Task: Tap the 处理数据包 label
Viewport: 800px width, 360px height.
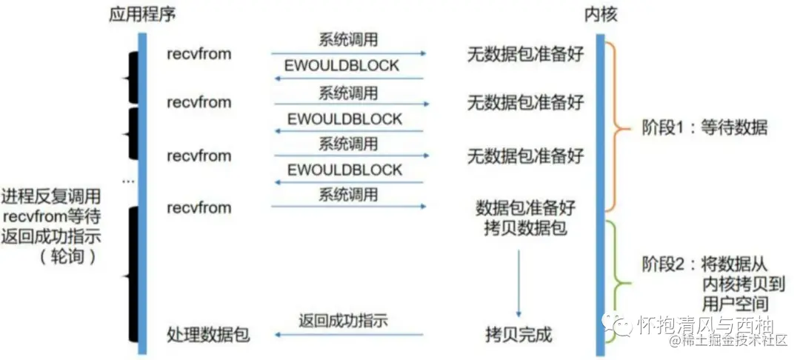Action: [x=208, y=335]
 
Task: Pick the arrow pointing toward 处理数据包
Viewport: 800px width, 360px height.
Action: [x=348, y=336]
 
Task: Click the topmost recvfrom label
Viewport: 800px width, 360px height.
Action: [x=199, y=54]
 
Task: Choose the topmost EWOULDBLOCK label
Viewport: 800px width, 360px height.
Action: [x=343, y=66]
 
